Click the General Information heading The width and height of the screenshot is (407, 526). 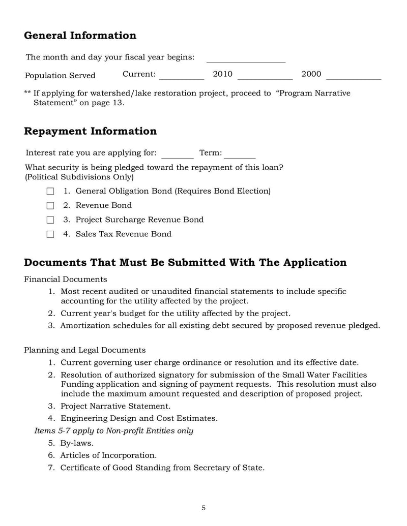80,36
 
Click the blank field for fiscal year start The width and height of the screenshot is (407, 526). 246,58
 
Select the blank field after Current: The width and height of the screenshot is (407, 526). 182,75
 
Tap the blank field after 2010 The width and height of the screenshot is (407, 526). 265,75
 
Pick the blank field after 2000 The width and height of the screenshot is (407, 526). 353,75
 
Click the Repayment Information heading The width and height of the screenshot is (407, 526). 90,131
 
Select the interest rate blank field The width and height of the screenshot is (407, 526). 177,153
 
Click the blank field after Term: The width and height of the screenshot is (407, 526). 240,153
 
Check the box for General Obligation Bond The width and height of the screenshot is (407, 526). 50,192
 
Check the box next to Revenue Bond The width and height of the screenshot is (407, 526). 50,206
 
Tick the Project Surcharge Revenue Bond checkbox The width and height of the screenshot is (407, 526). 50,220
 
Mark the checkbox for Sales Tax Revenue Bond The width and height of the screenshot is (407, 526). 50,234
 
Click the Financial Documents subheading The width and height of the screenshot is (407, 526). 65,279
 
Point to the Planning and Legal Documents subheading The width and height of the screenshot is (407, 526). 84,350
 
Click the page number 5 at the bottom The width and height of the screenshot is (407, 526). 203,508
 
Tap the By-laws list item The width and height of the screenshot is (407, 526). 76,443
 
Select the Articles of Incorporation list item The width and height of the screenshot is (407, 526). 108,455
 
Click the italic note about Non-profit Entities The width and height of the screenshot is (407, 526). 113,431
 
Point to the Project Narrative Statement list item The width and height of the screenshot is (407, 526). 115,406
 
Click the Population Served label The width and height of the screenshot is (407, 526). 60,76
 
